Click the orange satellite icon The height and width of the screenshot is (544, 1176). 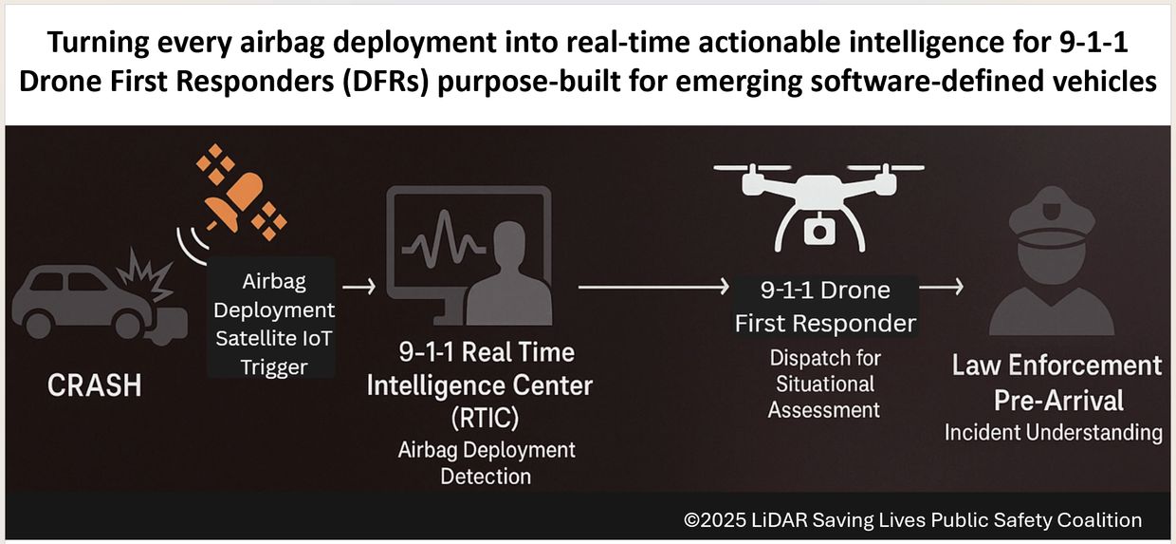click(x=242, y=193)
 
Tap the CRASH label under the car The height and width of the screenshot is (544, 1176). click(x=95, y=385)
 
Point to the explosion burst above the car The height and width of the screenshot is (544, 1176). click(x=147, y=276)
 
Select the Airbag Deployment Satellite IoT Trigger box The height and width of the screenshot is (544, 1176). click(x=271, y=317)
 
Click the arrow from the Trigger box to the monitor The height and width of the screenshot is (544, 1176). click(x=359, y=287)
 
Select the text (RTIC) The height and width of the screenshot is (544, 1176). click(x=485, y=418)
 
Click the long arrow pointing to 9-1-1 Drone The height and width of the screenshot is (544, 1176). click(x=653, y=287)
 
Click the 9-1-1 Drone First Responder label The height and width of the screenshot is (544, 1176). click(x=825, y=307)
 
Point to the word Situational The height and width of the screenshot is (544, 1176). click(x=825, y=385)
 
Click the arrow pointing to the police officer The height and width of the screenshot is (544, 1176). click(x=942, y=287)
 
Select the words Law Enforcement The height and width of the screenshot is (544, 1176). click(x=1057, y=366)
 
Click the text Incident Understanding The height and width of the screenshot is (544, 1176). click(x=1053, y=433)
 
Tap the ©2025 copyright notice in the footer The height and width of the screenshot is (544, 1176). click(x=912, y=520)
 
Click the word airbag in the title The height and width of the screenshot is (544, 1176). click(x=285, y=42)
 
